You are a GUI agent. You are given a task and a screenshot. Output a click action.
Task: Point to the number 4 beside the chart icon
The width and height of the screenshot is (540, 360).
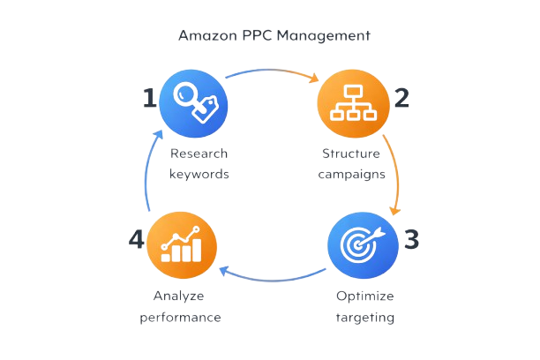(135, 240)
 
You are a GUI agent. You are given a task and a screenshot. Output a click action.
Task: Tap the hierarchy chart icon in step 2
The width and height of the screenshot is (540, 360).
(353, 103)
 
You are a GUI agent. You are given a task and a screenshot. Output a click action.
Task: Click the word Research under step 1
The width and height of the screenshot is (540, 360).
(199, 155)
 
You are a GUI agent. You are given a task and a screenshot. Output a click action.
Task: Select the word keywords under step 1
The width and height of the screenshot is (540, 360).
(199, 174)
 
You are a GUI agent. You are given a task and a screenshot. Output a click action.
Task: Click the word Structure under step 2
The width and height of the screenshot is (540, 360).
(349, 155)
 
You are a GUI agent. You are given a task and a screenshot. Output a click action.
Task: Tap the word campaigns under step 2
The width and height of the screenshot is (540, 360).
(349, 174)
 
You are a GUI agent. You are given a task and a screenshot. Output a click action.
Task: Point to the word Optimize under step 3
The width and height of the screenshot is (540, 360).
(365, 296)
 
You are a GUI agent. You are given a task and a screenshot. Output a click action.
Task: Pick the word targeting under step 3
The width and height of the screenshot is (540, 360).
(365, 315)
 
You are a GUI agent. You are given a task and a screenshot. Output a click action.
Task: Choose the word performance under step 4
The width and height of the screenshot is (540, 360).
(179, 315)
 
